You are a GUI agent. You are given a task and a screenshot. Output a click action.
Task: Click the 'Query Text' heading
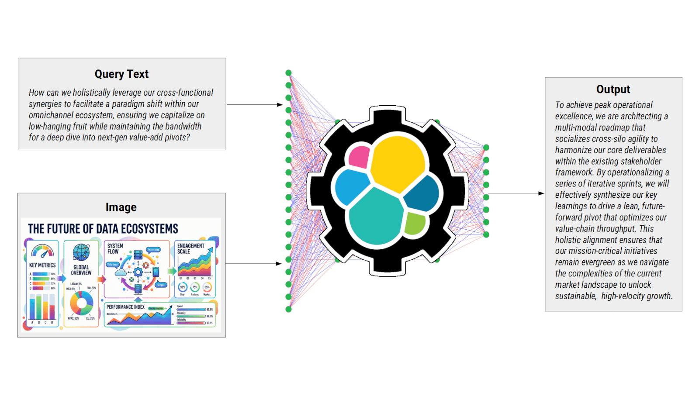[x=121, y=74]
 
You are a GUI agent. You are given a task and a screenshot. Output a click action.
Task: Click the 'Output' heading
[x=613, y=89]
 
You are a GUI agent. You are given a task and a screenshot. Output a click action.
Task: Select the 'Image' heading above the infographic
[x=121, y=207]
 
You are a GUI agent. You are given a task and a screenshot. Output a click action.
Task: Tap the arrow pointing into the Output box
[x=516, y=193]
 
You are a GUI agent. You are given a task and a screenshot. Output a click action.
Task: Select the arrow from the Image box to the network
[x=254, y=264]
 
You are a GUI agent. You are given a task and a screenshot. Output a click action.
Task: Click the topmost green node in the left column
[x=288, y=72]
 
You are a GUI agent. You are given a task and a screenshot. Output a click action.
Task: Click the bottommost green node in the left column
[x=288, y=309]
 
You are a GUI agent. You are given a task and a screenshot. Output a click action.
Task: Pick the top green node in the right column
[x=486, y=148]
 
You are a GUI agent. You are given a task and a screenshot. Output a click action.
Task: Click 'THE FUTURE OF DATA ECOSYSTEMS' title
[x=103, y=229]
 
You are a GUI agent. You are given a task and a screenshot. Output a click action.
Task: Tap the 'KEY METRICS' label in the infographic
[x=42, y=265]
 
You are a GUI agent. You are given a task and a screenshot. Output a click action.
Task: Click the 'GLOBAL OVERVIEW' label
[x=81, y=270]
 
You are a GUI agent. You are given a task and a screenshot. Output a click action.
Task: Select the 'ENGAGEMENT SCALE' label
[x=190, y=248]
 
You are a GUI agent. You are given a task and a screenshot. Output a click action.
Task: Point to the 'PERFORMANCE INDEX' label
[x=125, y=307]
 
